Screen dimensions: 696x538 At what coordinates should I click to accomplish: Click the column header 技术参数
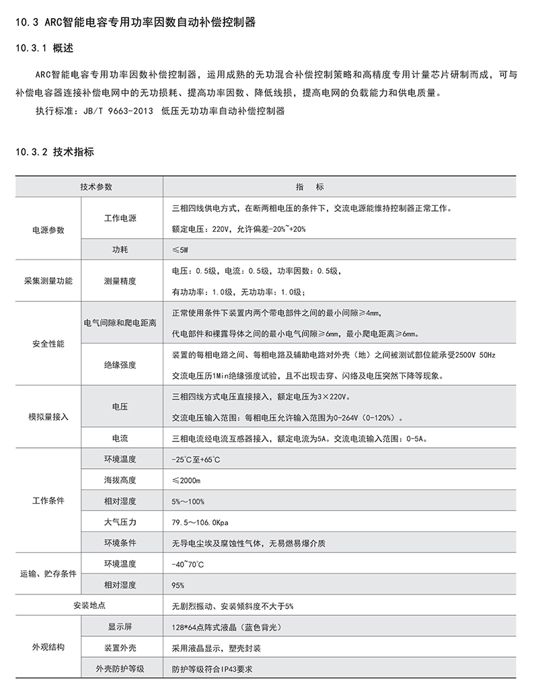(x=96, y=186)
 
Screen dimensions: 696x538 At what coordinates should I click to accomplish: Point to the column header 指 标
(x=310, y=186)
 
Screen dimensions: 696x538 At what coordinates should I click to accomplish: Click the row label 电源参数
(x=48, y=229)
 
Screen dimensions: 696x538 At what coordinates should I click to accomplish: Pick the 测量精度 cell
(x=120, y=280)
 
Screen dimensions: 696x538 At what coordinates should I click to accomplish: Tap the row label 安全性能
(x=48, y=343)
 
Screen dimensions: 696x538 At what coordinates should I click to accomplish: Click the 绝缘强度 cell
(x=120, y=364)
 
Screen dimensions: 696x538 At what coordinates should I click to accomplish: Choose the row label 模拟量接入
(x=48, y=417)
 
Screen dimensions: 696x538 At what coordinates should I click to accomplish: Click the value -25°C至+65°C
(x=196, y=459)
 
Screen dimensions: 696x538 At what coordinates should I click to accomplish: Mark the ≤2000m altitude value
(x=187, y=480)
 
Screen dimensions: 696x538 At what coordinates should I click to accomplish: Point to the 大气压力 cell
(x=120, y=522)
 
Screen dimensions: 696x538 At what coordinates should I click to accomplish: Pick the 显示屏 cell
(x=120, y=627)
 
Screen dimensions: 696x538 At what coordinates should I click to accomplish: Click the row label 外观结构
(x=48, y=648)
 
